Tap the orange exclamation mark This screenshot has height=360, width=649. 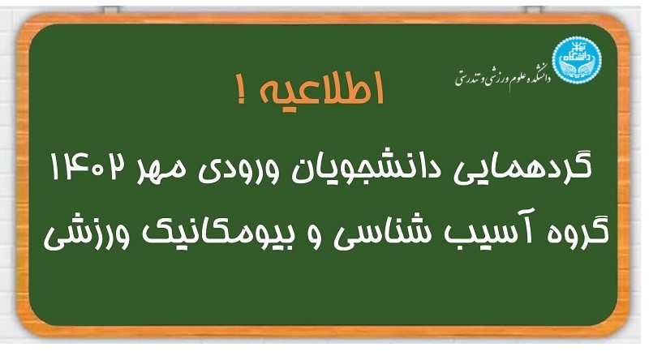pos(242,89)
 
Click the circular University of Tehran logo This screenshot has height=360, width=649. pos(577,60)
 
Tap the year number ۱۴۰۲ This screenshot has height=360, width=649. pos(87,166)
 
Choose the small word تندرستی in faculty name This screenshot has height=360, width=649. pos(466,78)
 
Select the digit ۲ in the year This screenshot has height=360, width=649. pos(116,166)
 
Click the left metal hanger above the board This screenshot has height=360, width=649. pos(111,10)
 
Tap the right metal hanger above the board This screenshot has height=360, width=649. pos(533,10)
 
